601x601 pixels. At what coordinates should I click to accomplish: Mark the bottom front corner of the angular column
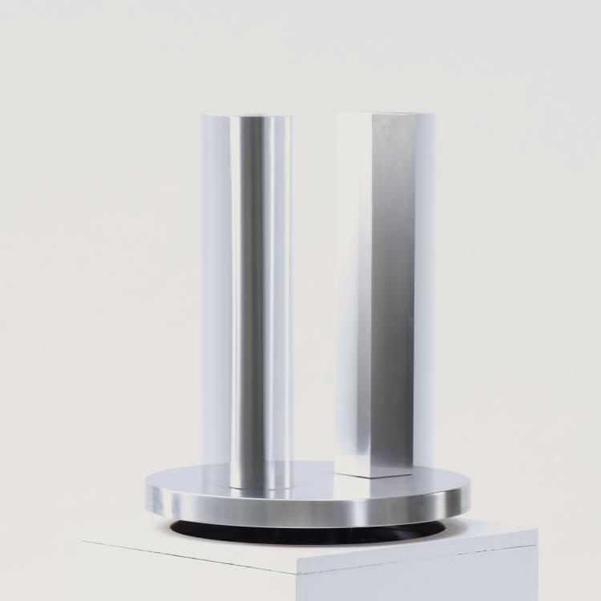(x=369, y=478)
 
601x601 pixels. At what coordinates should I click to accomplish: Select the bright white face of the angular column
(x=353, y=296)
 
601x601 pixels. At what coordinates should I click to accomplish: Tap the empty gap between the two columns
(x=314, y=296)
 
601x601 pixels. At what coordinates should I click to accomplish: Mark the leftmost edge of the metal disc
(x=147, y=489)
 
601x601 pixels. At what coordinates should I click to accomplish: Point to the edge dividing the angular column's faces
(x=369, y=296)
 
